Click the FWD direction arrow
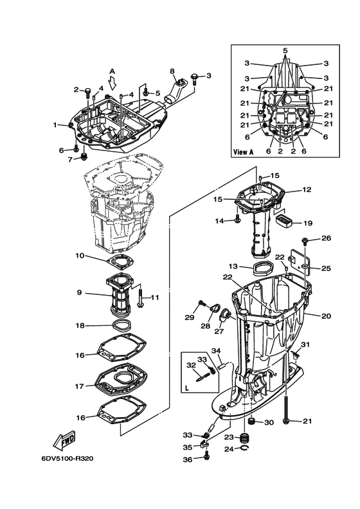tap(64, 441)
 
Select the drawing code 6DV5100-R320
tap(67, 459)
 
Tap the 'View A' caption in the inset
tap(244, 152)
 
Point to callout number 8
tap(172, 71)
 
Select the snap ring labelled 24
tap(246, 449)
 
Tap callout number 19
tap(308, 223)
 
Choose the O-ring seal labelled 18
tap(122, 325)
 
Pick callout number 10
tap(80, 256)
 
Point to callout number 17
tap(80, 386)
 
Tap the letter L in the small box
tap(186, 388)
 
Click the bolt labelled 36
tap(207, 456)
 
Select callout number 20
tap(326, 316)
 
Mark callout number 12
tap(307, 190)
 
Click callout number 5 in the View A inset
tap(285, 51)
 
